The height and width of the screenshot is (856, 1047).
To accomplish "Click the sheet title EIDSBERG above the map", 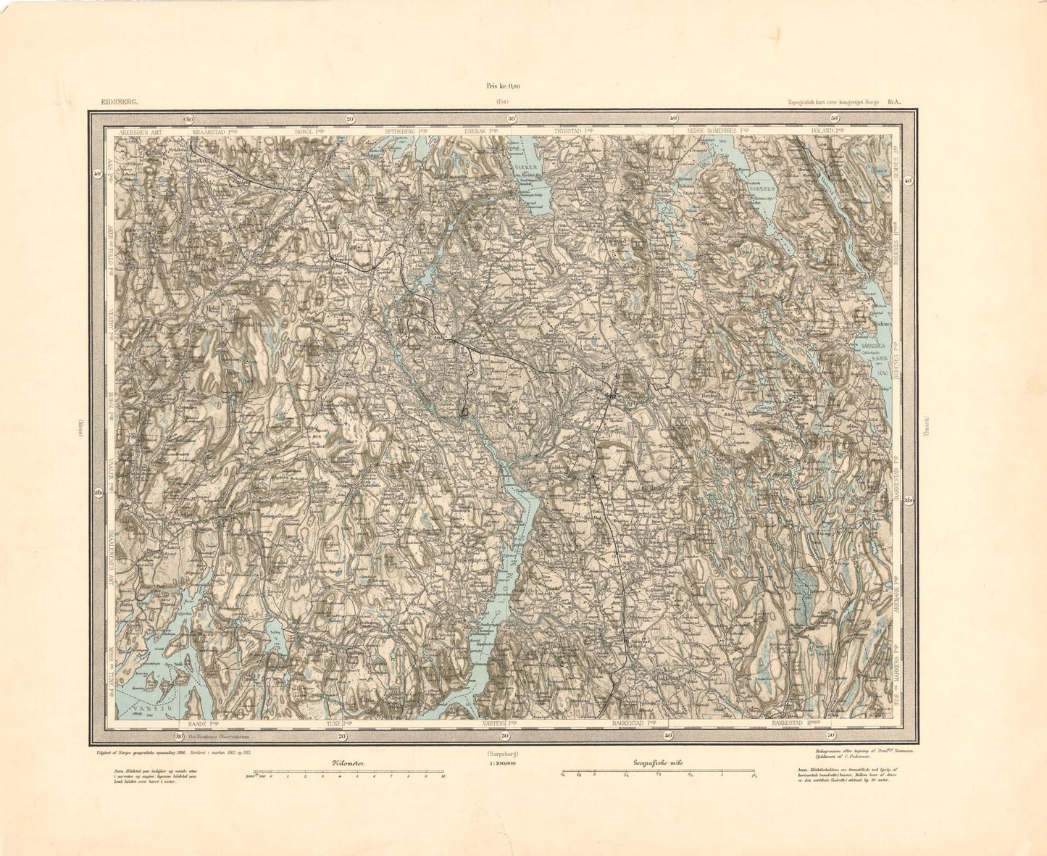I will [x=118, y=103].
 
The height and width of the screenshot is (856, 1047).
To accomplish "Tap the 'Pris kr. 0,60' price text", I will [x=503, y=86].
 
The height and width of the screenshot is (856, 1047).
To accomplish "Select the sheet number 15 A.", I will [x=896, y=103].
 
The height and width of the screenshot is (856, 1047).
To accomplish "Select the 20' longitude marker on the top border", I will [x=350, y=119].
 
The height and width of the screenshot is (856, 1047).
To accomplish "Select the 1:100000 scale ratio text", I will [x=501, y=763].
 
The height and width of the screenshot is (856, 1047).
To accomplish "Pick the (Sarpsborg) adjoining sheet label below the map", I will [x=501, y=753].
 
